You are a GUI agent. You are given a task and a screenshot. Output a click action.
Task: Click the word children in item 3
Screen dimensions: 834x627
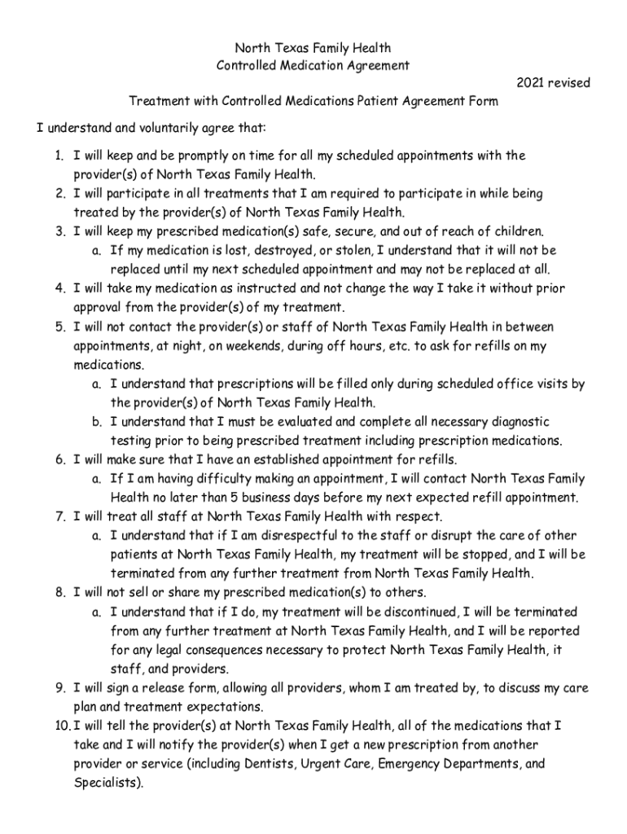click(518, 231)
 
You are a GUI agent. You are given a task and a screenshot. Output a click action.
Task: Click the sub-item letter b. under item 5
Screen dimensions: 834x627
click(96, 422)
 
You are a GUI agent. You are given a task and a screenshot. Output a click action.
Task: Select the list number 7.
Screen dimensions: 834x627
click(60, 516)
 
